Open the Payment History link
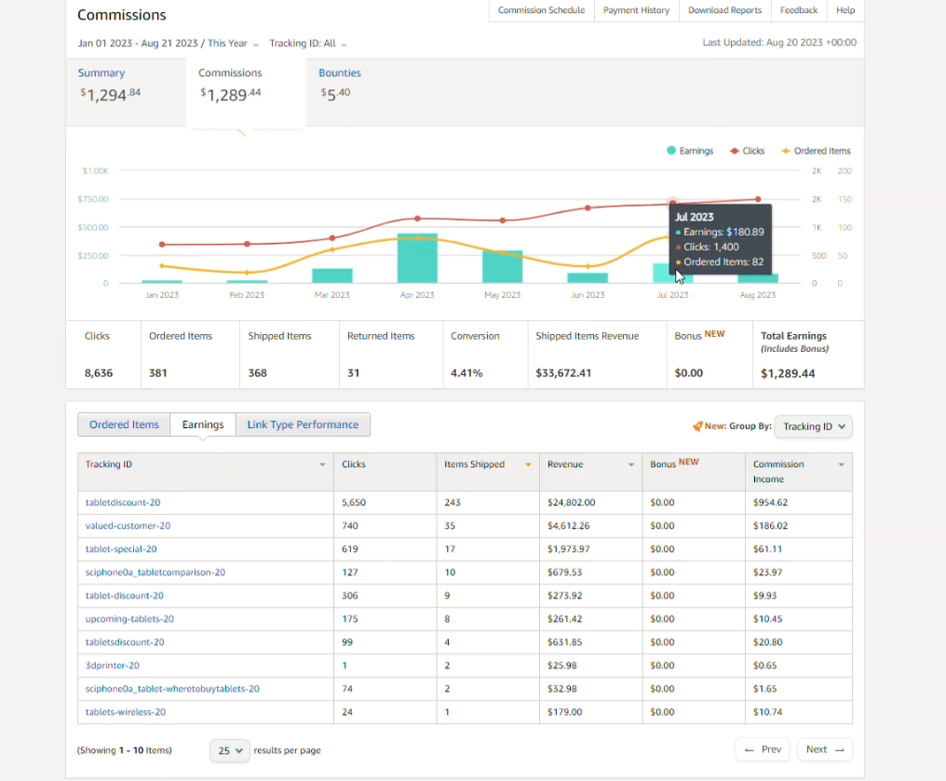coord(636,10)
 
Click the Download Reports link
coord(724,10)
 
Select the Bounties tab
coord(340,73)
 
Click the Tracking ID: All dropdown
coord(307,44)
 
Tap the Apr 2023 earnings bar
coord(417,258)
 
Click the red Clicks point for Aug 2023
coord(758,199)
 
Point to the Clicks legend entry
coord(747,151)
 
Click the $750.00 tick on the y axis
coord(93,199)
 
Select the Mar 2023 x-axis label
coord(331,295)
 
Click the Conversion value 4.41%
coord(466,373)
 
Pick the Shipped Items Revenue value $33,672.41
coord(563,373)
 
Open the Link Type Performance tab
coord(303,424)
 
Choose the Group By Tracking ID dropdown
coord(813,426)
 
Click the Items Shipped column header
coord(474,465)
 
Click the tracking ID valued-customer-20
coord(128,526)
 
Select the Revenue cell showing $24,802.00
coord(571,503)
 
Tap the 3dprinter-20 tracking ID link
coord(113,666)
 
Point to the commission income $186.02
coord(770,526)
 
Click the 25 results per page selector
coord(230,751)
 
